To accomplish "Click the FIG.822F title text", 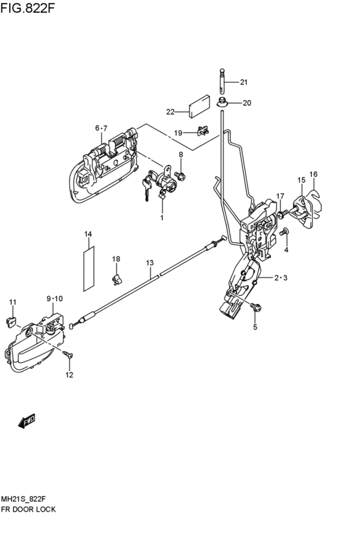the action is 28,8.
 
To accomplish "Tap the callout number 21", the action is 244,82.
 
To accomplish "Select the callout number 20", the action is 247,103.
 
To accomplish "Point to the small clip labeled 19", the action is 203,130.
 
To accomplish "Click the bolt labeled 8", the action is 181,175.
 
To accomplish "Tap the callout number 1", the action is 162,218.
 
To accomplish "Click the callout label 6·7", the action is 102,128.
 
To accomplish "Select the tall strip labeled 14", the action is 89,269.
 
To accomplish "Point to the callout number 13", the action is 150,263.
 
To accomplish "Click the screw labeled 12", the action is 68,354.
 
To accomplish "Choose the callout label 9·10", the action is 55,299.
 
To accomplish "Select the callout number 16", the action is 313,174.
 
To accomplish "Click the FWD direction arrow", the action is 26,420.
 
